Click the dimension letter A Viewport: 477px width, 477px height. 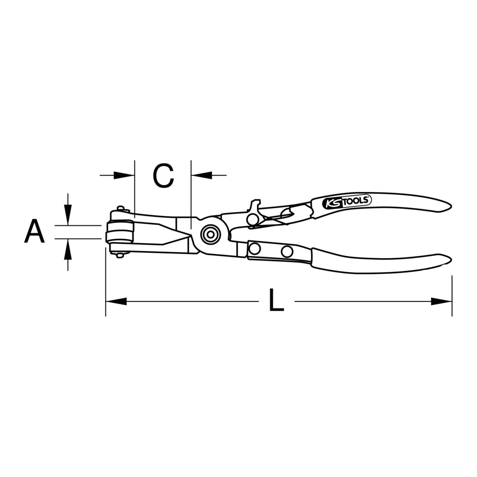(34, 232)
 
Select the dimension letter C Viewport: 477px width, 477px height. (163, 176)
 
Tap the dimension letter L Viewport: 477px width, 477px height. (276, 300)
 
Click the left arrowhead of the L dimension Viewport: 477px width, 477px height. (116, 301)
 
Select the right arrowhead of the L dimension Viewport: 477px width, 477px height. (441, 301)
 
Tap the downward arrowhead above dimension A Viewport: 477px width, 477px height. (68, 215)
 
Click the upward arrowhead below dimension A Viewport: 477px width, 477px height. (68, 249)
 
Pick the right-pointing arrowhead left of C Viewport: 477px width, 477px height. (124, 175)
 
